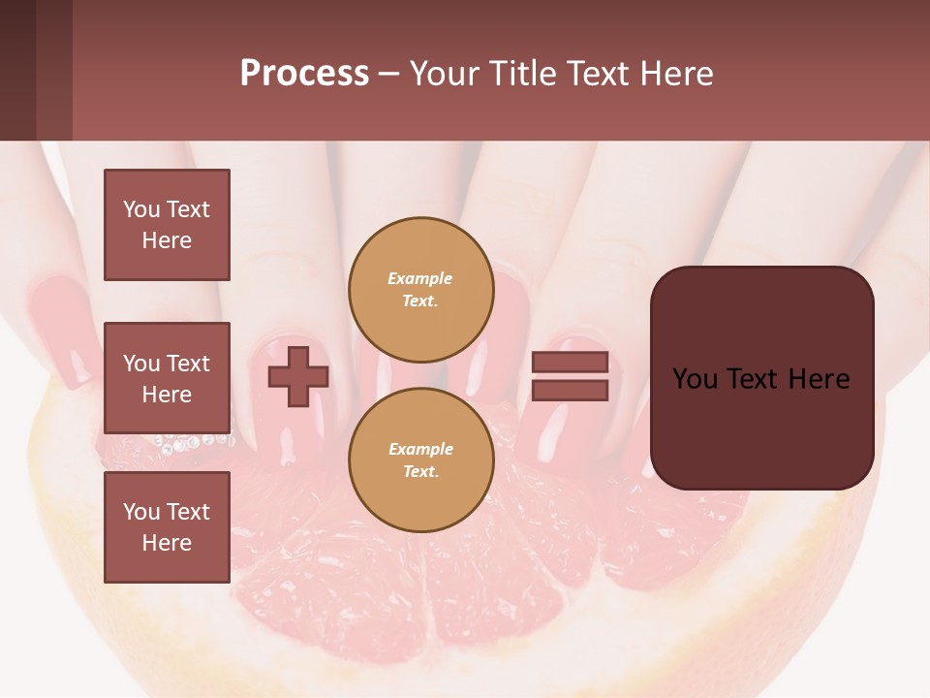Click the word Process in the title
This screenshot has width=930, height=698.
[x=304, y=74]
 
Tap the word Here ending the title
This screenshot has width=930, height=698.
[x=672, y=74]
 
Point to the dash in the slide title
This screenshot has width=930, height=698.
[x=388, y=75]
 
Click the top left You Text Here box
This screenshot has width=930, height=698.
[x=167, y=225]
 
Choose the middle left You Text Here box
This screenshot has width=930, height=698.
[x=167, y=378]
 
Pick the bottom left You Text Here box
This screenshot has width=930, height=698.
[x=167, y=527]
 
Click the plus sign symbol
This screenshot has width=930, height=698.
[x=298, y=376]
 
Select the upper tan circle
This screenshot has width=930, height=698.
[x=420, y=289]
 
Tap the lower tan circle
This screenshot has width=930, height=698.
[x=420, y=460]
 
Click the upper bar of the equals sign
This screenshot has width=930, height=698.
[x=570, y=362]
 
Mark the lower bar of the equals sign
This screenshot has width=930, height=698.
[x=570, y=391]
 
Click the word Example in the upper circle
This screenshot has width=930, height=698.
[x=420, y=279]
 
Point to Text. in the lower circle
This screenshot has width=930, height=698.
[x=420, y=471]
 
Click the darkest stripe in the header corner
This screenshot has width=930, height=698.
[x=17, y=70]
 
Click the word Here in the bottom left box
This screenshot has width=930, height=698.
[x=167, y=543]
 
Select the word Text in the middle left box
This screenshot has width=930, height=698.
[x=188, y=364]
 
